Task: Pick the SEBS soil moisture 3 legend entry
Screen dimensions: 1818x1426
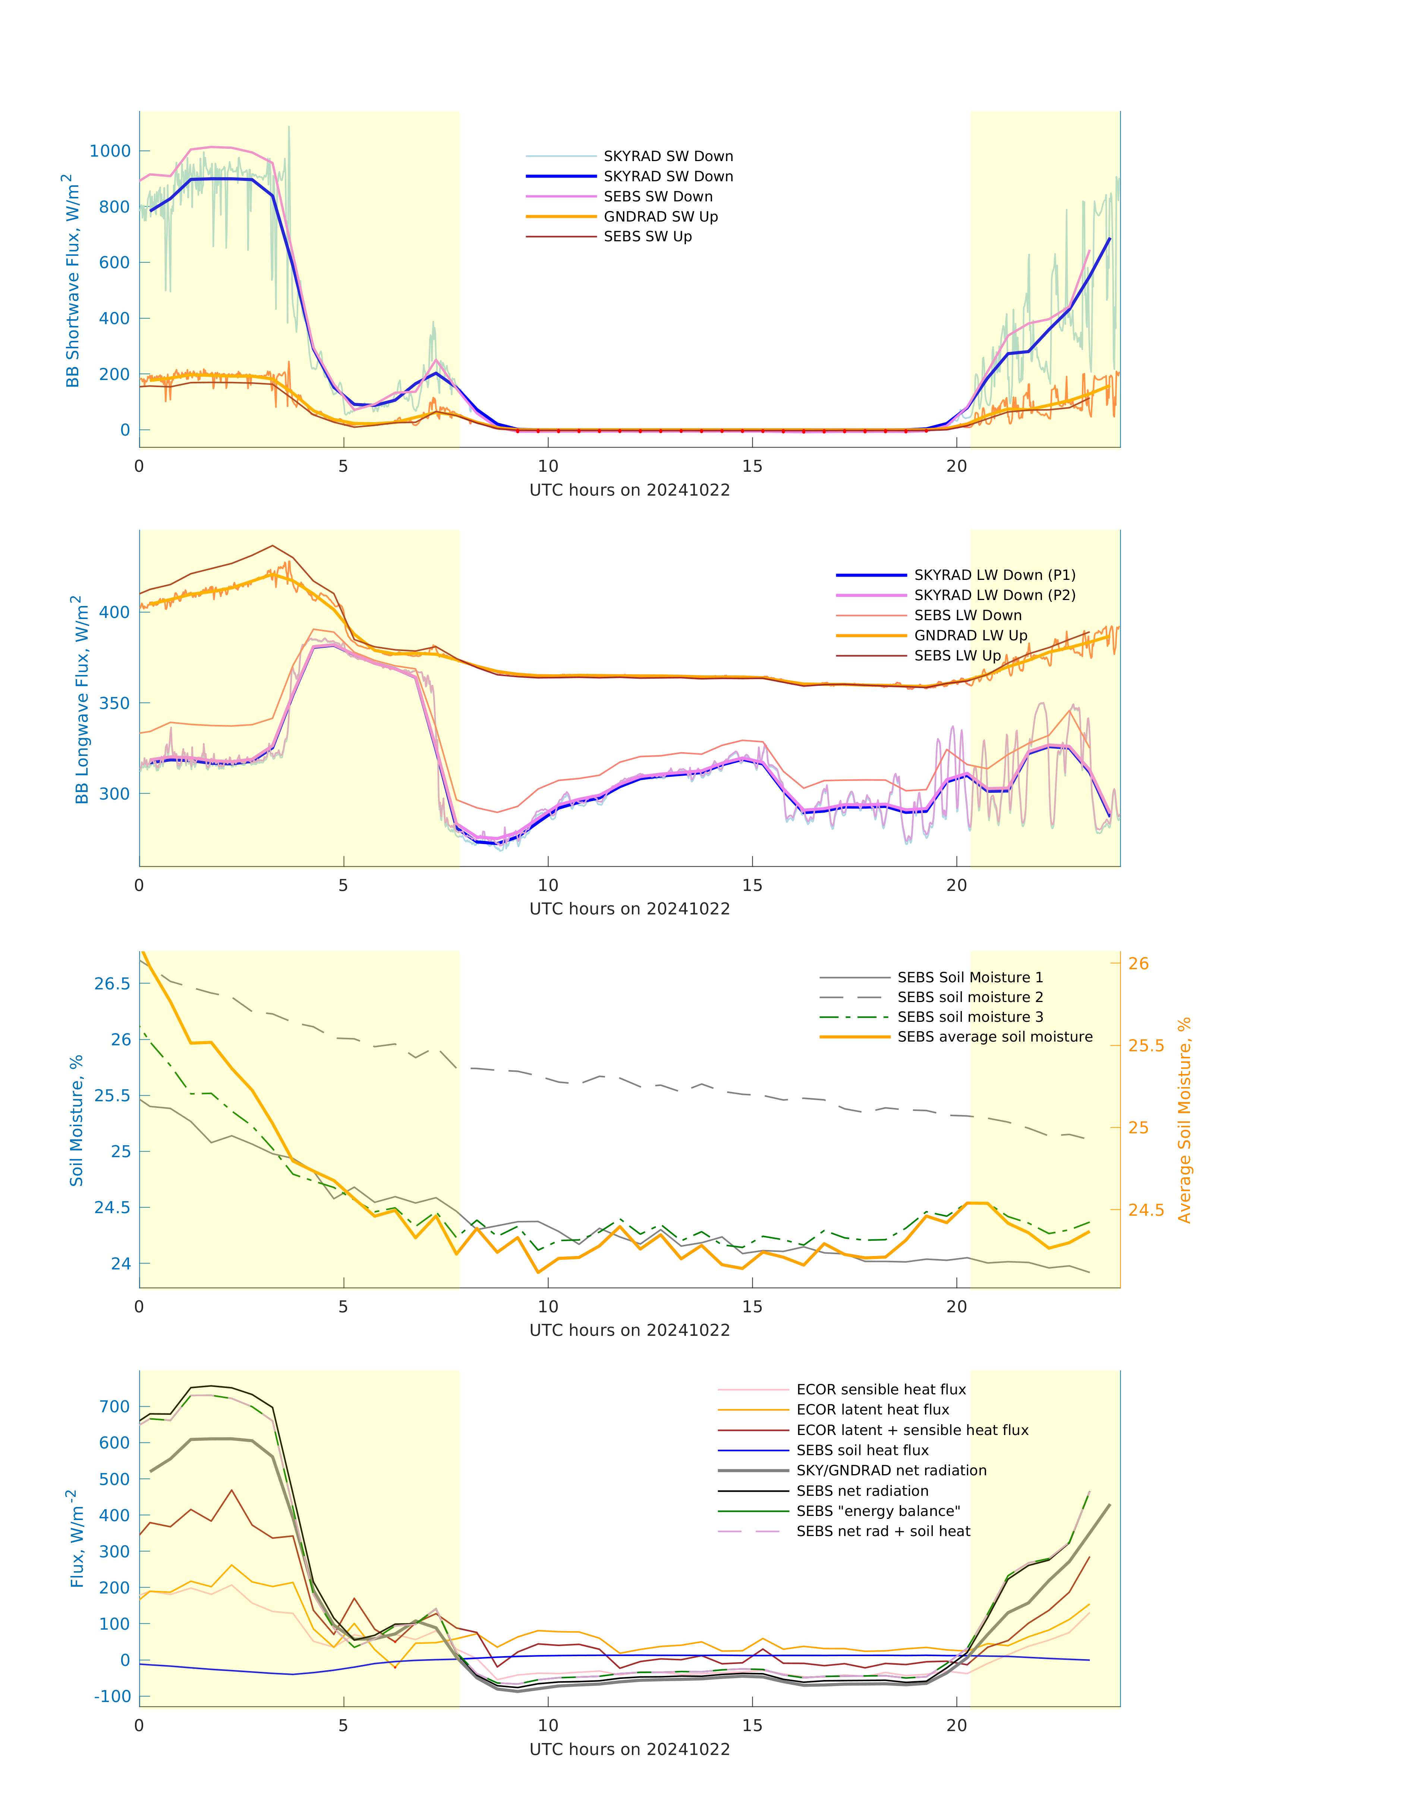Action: [970, 1017]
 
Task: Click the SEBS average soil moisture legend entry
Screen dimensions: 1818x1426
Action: [994, 1037]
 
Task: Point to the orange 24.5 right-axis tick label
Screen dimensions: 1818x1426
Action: [1146, 1210]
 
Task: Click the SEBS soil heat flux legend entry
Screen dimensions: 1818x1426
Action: [862, 1451]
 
